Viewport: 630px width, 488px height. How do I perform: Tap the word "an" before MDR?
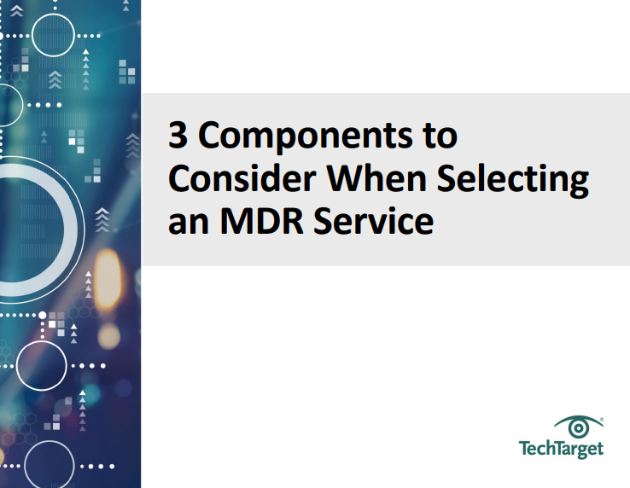coord(184,222)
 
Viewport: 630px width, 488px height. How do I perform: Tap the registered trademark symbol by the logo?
coord(602,419)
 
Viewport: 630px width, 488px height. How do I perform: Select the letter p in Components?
coord(300,141)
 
